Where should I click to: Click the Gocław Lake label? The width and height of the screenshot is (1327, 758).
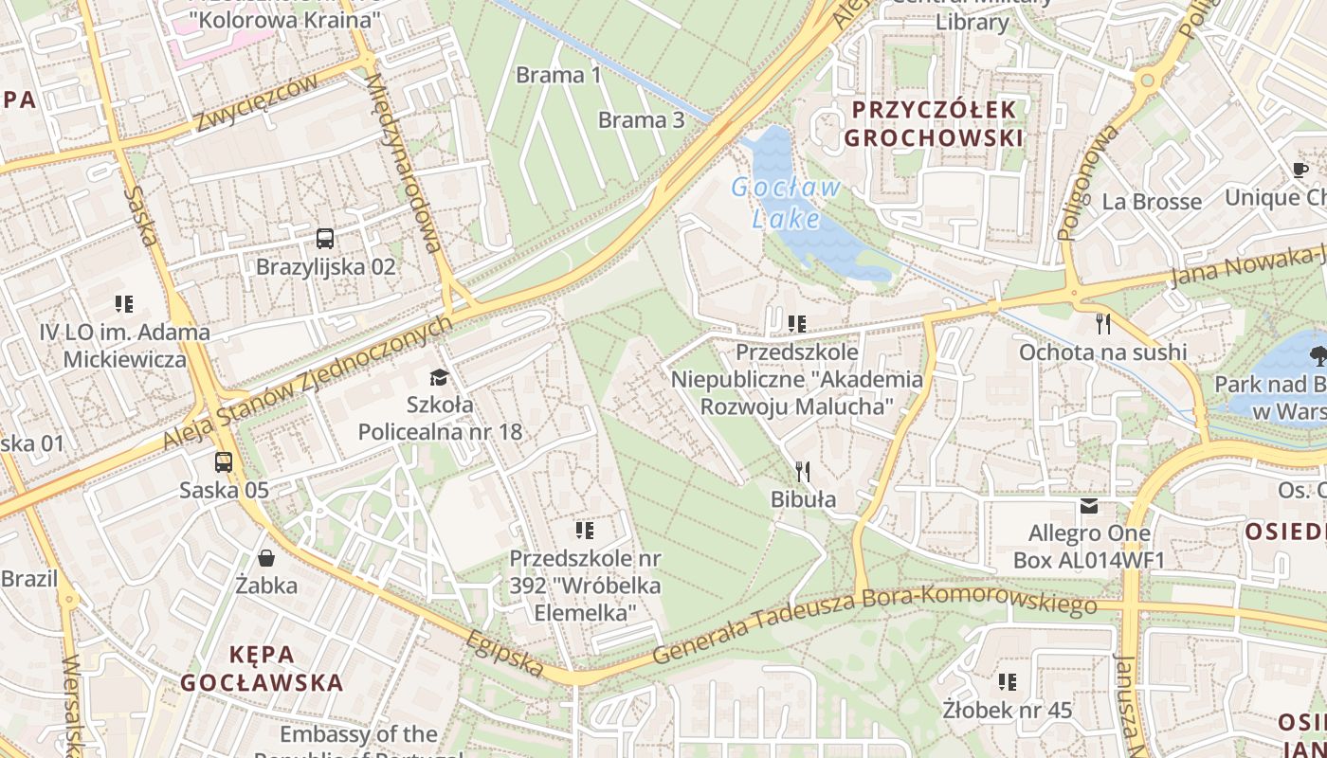coord(786,203)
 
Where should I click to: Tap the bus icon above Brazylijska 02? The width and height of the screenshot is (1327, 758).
coord(325,238)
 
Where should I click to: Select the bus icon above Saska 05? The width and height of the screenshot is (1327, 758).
coord(224,462)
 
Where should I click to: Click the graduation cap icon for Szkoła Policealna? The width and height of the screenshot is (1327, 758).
coord(438,378)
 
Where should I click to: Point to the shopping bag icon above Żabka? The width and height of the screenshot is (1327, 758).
coord(266,558)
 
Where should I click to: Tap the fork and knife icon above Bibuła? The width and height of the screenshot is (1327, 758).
coord(802,471)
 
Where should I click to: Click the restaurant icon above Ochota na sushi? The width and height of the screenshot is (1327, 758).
coord(1102,324)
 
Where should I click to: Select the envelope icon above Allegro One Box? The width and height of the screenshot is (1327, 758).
coord(1088,506)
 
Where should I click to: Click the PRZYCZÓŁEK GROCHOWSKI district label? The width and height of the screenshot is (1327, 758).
coord(934,123)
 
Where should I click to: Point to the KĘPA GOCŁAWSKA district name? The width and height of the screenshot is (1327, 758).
coord(262,668)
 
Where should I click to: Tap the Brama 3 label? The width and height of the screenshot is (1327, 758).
coord(641,119)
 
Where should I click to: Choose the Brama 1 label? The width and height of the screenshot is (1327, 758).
coord(559,75)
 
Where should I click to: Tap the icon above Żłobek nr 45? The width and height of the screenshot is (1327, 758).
coord(1007,681)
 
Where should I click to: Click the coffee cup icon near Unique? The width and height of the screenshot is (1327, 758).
coord(1300,171)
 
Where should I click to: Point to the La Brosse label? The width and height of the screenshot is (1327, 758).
coord(1151,201)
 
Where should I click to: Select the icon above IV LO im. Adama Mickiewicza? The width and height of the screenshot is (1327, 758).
coord(124,304)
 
